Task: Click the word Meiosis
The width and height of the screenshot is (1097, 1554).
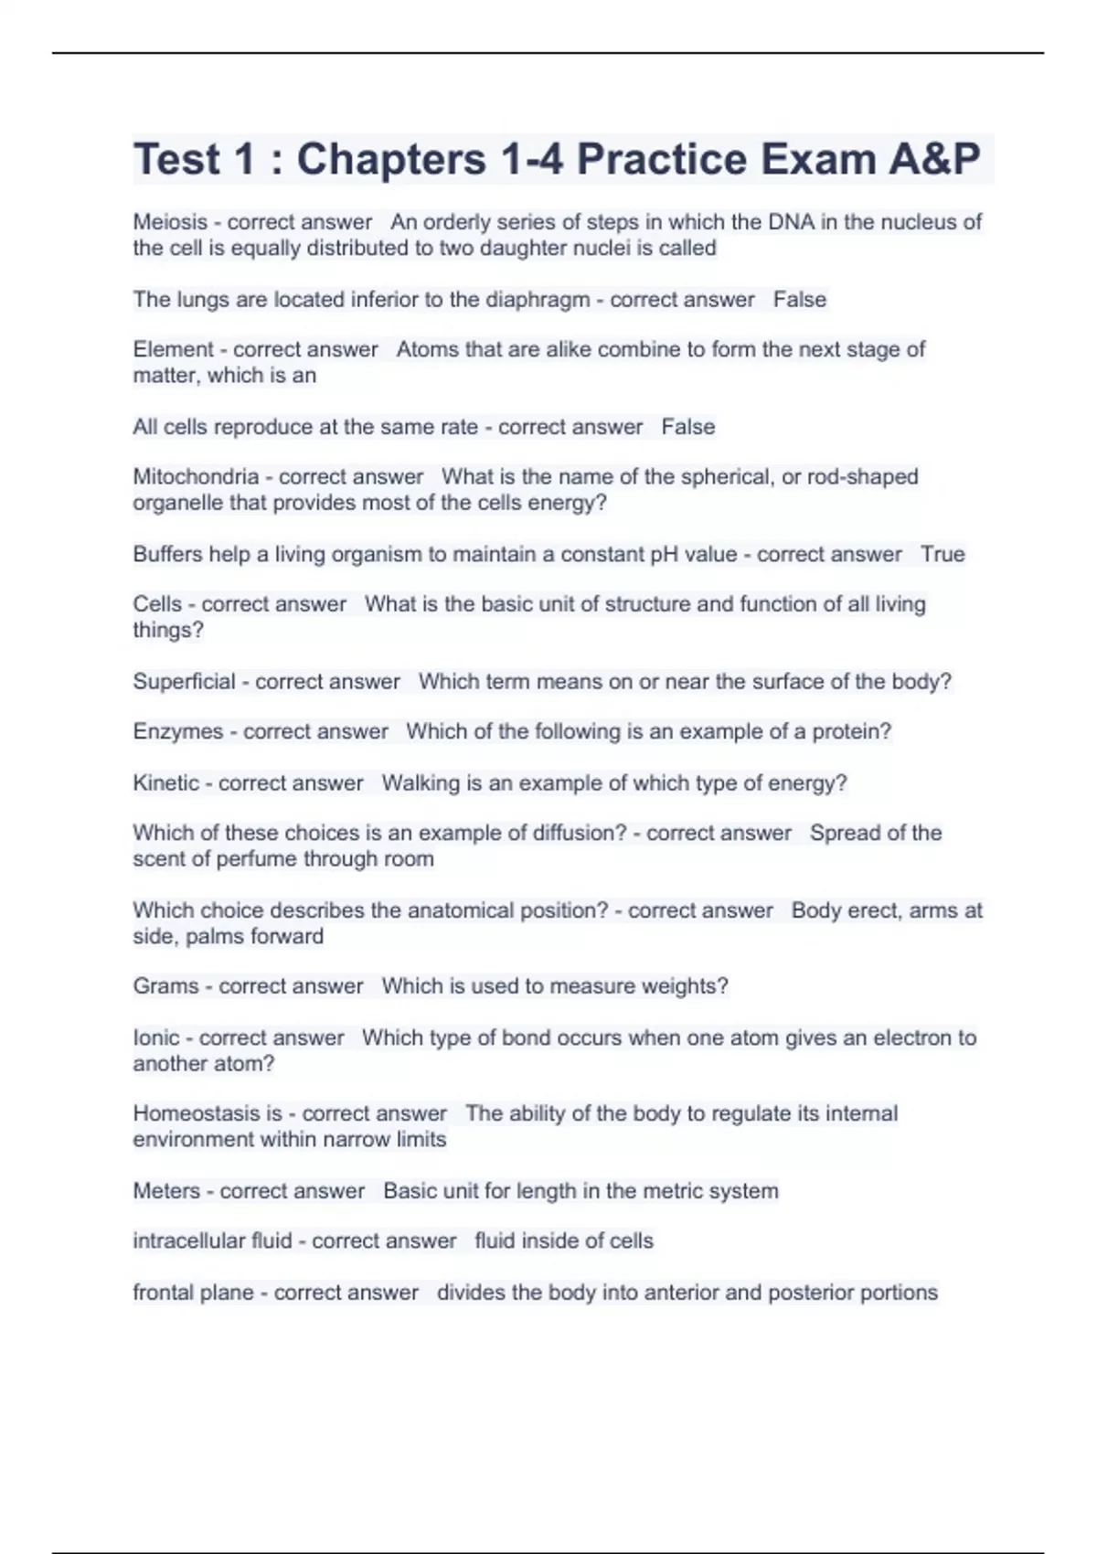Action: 169,222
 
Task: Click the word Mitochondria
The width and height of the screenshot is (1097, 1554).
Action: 196,477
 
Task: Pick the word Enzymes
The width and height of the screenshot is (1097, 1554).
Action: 177,732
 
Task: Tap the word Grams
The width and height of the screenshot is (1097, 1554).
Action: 165,986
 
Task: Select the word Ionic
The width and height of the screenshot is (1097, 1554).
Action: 156,1038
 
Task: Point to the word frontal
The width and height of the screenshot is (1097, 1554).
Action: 161,1293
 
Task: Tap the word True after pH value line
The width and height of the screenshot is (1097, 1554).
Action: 943,555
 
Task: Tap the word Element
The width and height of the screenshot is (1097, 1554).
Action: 173,350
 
